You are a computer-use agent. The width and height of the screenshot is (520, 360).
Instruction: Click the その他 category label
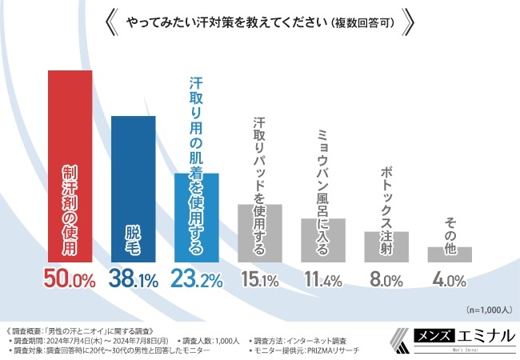(x=450, y=227)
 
